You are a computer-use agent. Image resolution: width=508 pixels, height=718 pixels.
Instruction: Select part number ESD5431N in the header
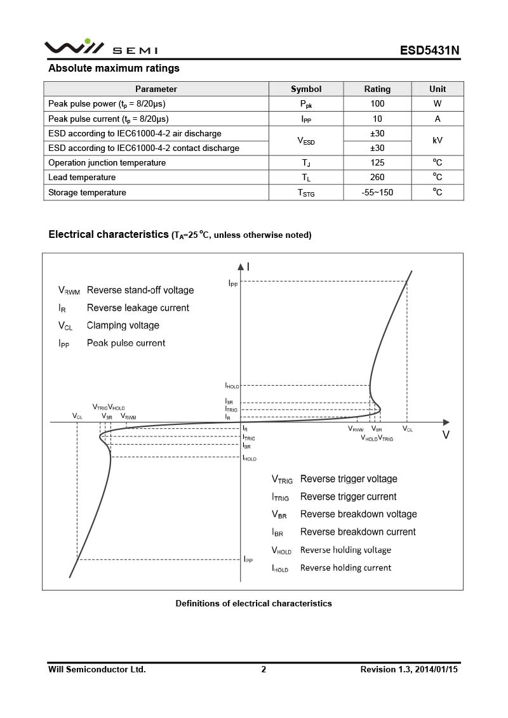429,51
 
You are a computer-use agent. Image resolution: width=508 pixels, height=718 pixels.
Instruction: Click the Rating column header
377,89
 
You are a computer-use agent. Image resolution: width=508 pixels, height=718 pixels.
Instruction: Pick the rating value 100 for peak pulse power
377,103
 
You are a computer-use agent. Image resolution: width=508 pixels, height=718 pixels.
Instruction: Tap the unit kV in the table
438,141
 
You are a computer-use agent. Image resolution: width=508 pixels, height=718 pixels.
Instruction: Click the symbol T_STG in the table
306,193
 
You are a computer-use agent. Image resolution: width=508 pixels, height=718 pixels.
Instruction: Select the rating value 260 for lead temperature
377,178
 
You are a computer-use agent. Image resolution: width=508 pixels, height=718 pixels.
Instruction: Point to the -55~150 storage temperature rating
377,193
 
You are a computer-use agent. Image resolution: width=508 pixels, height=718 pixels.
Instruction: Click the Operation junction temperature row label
107,163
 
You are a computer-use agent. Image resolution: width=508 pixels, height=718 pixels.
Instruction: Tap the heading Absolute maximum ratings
114,69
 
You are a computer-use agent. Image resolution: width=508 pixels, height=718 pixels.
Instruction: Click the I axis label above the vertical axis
248,267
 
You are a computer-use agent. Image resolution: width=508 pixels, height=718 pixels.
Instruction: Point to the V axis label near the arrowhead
446,435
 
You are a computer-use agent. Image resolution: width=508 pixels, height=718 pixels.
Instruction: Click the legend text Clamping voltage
123,325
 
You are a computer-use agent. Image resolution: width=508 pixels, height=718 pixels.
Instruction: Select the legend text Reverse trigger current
348,497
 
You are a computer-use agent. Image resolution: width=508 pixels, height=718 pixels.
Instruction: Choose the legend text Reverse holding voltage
345,550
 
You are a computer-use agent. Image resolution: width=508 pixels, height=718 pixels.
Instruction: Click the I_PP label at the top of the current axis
233,284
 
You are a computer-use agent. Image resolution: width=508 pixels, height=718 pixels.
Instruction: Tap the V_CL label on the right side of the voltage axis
407,429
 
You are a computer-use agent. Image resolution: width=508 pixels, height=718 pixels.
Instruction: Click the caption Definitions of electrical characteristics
253,604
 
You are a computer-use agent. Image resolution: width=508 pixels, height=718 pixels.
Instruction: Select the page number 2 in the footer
264,669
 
